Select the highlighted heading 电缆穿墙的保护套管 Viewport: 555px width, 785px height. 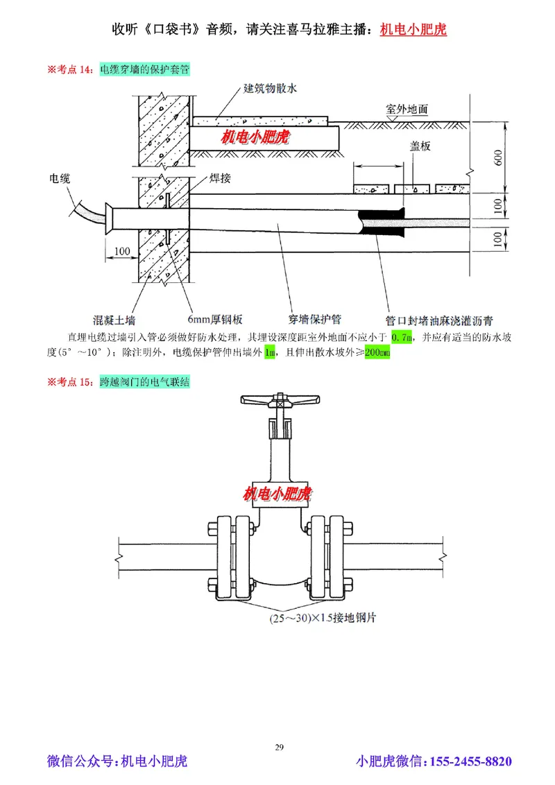(145, 69)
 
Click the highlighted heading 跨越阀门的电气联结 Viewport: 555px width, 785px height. (145, 381)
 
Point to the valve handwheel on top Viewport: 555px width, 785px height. (280, 399)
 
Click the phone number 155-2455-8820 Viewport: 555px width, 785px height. (472, 762)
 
